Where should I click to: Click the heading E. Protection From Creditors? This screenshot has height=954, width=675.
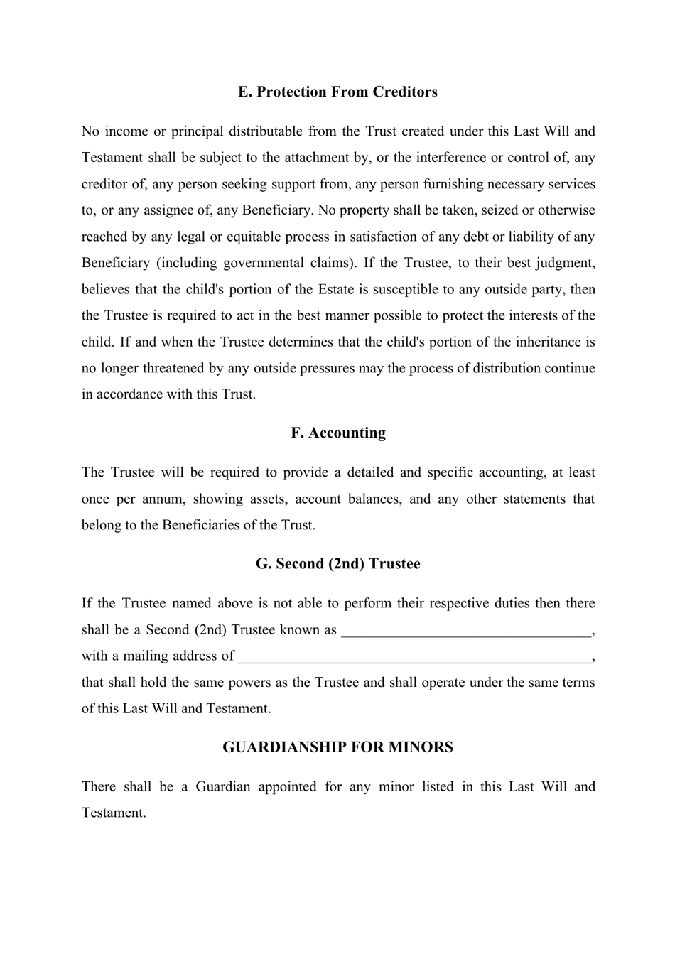[337, 92]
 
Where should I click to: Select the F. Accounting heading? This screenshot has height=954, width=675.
[337, 433]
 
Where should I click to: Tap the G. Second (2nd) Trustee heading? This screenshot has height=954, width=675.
[337, 563]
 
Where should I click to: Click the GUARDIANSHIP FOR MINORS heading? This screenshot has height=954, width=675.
[337, 747]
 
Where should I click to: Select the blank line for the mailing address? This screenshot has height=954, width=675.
[414, 656]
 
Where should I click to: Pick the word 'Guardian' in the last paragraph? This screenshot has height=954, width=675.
[222, 786]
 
